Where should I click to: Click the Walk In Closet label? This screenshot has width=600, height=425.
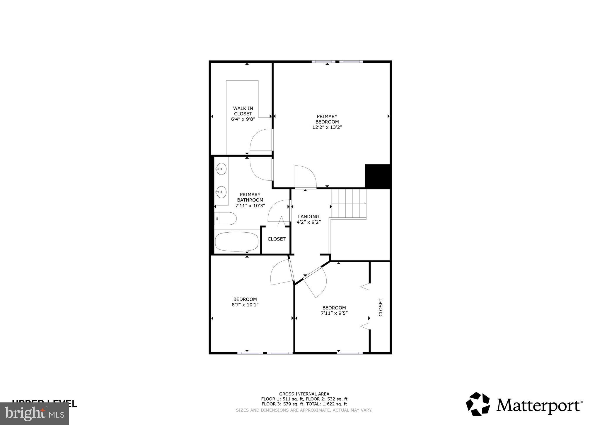(243, 111)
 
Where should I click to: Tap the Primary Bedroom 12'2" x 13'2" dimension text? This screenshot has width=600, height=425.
(327, 127)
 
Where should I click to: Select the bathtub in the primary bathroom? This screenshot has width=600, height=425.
(237, 242)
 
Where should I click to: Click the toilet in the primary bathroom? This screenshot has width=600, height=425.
(226, 219)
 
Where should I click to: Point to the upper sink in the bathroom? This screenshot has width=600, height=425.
(221, 169)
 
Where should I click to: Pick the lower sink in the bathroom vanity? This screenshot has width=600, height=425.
(221, 192)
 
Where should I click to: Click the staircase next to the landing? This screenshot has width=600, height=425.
(349, 203)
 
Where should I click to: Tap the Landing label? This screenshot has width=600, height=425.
(309, 217)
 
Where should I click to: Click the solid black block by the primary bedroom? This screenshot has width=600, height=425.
(378, 176)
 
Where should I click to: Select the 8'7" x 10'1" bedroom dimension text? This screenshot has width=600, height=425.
(245, 305)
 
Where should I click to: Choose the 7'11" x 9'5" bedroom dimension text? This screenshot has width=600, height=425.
(334, 313)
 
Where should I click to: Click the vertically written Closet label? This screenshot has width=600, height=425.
(381, 307)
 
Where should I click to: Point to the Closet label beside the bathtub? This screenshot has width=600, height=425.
(277, 239)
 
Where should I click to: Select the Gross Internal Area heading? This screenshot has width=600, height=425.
(304, 394)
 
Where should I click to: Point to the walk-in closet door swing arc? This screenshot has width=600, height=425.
(260, 140)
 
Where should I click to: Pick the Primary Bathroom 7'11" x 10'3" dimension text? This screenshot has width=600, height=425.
(250, 206)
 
